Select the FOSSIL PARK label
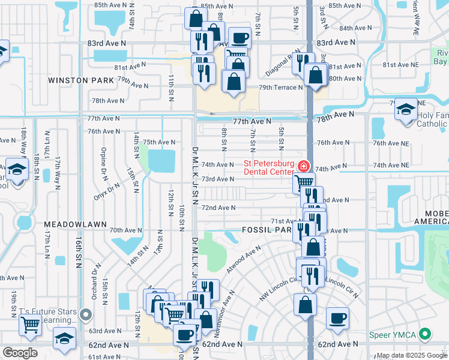pos(267,230)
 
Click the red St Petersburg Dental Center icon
pos(304,165)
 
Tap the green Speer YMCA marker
pos(426,333)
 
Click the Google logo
pos(19,353)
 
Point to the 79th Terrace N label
pos(281,88)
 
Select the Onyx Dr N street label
pos(107,191)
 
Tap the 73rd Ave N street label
pos(217,179)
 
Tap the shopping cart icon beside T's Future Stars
pos(30,325)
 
